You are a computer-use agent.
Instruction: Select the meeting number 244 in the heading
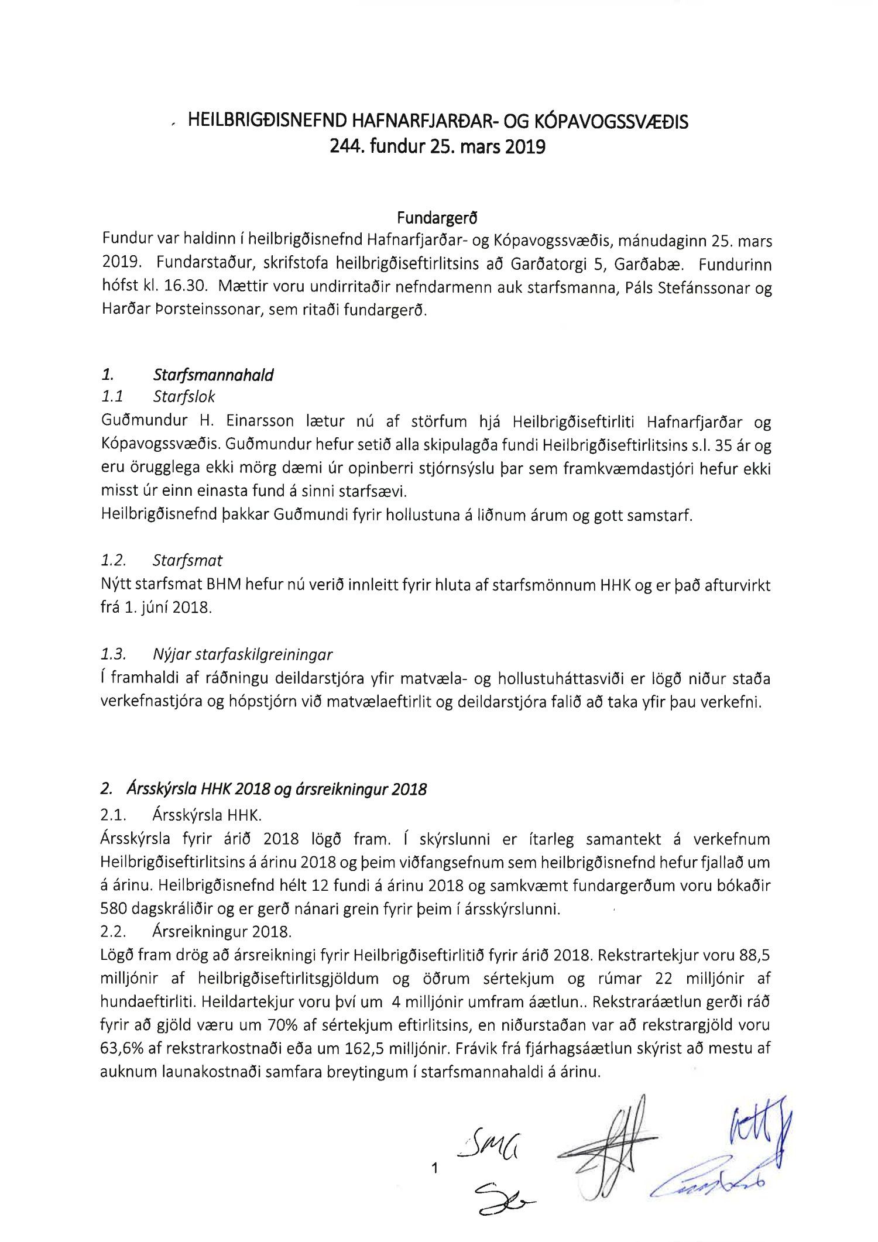[x=342, y=146]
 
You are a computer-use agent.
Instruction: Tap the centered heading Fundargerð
[x=437, y=218]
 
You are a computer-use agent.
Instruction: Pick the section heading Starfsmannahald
[x=213, y=375]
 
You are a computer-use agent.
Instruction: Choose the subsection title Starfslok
[x=184, y=397]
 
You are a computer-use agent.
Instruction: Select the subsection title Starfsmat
[x=187, y=560]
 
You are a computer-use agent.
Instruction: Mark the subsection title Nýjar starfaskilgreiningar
[x=242, y=654]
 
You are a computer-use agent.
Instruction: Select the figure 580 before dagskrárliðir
[x=114, y=909]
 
